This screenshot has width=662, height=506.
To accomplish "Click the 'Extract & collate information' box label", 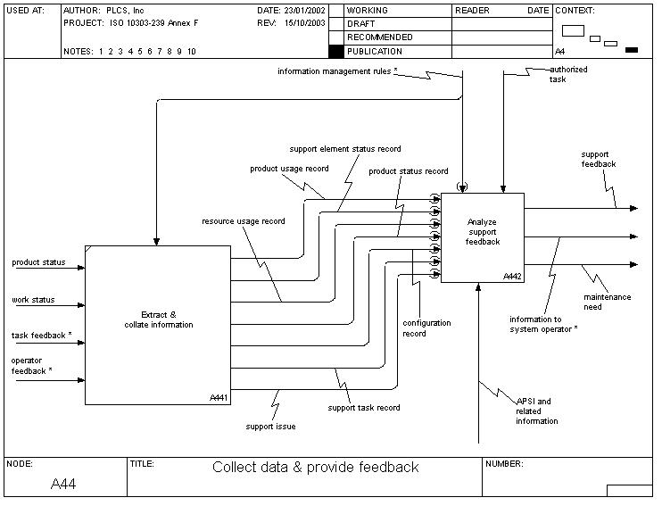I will [159, 319].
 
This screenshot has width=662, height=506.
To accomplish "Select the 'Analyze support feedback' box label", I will [483, 231].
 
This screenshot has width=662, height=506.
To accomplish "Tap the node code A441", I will [219, 397].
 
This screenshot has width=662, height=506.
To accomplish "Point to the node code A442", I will [512, 276].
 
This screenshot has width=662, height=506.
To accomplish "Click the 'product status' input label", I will [38, 262].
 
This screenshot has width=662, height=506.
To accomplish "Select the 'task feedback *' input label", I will [42, 336].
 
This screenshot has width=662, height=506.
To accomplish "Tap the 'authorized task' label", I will [567, 73].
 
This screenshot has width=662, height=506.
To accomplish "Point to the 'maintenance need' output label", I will [607, 302].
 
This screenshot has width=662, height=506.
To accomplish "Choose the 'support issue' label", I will [270, 427].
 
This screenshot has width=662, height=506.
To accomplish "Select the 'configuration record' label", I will [426, 328].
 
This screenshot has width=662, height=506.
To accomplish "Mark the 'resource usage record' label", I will [244, 221].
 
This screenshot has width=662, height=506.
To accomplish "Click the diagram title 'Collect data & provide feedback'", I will [315, 467].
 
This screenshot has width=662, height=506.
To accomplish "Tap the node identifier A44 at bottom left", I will [64, 484].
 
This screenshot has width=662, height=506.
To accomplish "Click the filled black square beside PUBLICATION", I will [335, 52].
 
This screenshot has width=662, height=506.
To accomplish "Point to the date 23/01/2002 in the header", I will [305, 11].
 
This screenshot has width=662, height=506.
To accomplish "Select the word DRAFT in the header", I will [360, 24].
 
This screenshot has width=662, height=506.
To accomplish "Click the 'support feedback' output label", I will [598, 159].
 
